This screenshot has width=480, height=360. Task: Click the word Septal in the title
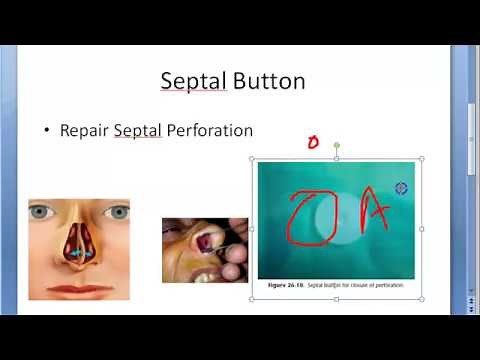pyautogui.click(x=193, y=80)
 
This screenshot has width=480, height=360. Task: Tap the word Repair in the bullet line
pyautogui.click(x=85, y=130)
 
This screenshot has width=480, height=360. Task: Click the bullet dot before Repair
pyautogui.click(x=46, y=131)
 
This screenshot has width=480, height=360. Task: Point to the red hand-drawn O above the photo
pyautogui.click(x=311, y=143)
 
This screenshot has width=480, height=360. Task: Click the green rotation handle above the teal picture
pyautogui.click(x=336, y=146)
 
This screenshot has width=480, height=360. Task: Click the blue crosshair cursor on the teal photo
pyautogui.click(x=401, y=187)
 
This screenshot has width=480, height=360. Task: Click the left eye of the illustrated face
pyautogui.click(x=42, y=212)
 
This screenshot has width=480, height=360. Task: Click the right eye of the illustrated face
pyautogui.click(x=117, y=212)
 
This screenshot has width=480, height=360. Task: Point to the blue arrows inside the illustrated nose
pyautogui.click(x=79, y=254)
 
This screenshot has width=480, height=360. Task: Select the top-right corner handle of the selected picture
pyautogui.click(x=421, y=159)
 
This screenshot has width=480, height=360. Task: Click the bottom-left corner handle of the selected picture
pyautogui.click(x=251, y=297)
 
